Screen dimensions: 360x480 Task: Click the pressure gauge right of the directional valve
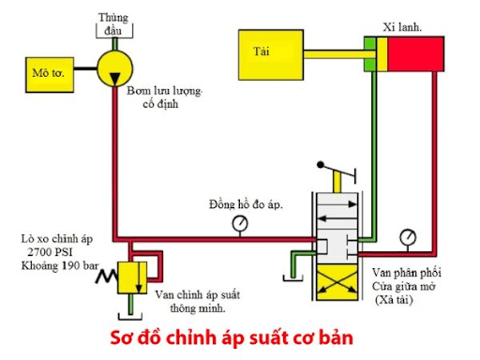(x=409, y=236)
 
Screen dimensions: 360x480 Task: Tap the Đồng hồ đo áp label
(x=247, y=203)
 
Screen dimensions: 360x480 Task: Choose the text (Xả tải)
(x=399, y=299)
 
